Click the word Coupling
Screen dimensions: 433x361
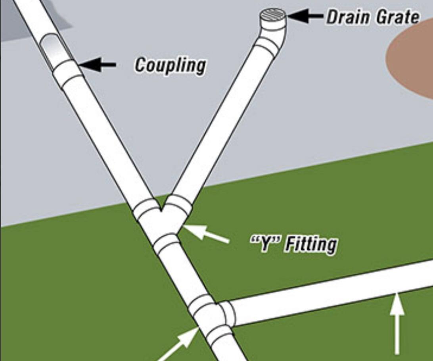170,66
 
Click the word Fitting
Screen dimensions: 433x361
311,244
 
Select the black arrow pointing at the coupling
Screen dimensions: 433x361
97,65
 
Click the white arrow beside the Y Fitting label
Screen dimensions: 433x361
206,234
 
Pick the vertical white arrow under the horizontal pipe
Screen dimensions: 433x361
397,323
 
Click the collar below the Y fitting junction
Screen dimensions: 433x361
166,243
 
